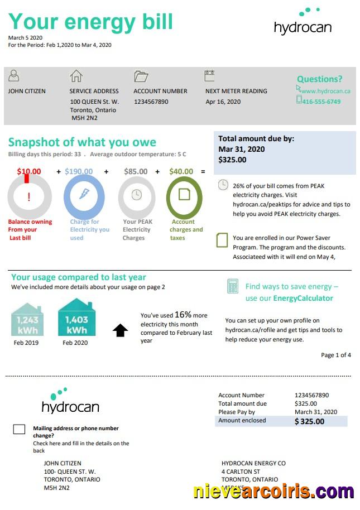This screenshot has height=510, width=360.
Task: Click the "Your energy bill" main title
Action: (x=90, y=22)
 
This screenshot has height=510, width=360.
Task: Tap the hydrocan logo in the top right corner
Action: (x=303, y=22)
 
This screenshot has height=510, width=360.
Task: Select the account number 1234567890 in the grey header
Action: (x=151, y=102)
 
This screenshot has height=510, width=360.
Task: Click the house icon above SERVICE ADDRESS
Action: (x=76, y=76)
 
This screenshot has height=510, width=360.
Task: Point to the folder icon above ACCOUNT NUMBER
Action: (x=141, y=76)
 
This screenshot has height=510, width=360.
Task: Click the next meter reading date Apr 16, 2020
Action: (x=223, y=102)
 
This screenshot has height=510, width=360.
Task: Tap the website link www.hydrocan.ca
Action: (x=325, y=91)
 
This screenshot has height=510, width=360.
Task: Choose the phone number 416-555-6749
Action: (x=321, y=102)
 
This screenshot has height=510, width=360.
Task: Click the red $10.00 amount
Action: (x=29, y=172)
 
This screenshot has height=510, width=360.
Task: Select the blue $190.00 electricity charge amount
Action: (x=79, y=172)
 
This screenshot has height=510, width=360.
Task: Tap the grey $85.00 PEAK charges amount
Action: (x=136, y=172)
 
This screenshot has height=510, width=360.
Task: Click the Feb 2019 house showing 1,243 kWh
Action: (x=27, y=320)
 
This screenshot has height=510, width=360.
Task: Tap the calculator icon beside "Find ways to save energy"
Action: (x=233, y=286)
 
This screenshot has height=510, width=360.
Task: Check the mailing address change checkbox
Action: (x=19, y=429)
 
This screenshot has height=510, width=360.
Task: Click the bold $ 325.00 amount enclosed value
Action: (x=309, y=421)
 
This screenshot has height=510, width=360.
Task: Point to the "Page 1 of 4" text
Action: (x=336, y=355)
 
